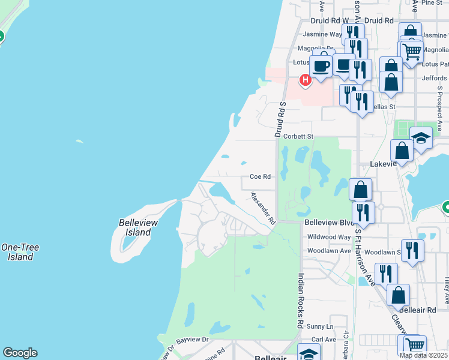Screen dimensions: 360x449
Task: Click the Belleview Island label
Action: pyautogui.click(x=138, y=227)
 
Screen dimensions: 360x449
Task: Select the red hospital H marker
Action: pyautogui.click(x=305, y=79)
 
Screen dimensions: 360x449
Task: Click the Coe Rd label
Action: pyautogui.click(x=261, y=177)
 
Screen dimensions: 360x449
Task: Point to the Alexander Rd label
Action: pyautogui.click(x=262, y=208)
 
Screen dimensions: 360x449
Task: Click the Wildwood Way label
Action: pyautogui.click(x=328, y=237)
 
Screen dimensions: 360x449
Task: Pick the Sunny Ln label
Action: pyautogui.click(x=321, y=326)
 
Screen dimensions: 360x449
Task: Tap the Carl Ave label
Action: pyautogui.click(x=324, y=340)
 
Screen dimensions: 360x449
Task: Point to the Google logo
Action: pyautogui.click(x=20, y=353)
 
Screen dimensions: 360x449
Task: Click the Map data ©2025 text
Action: pyautogui.click(x=424, y=355)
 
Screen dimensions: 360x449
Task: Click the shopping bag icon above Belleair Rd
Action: pyautogui.click(x=398, y=295)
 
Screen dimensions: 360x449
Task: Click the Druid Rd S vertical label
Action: pyautogui.click(x=280, y=119)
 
